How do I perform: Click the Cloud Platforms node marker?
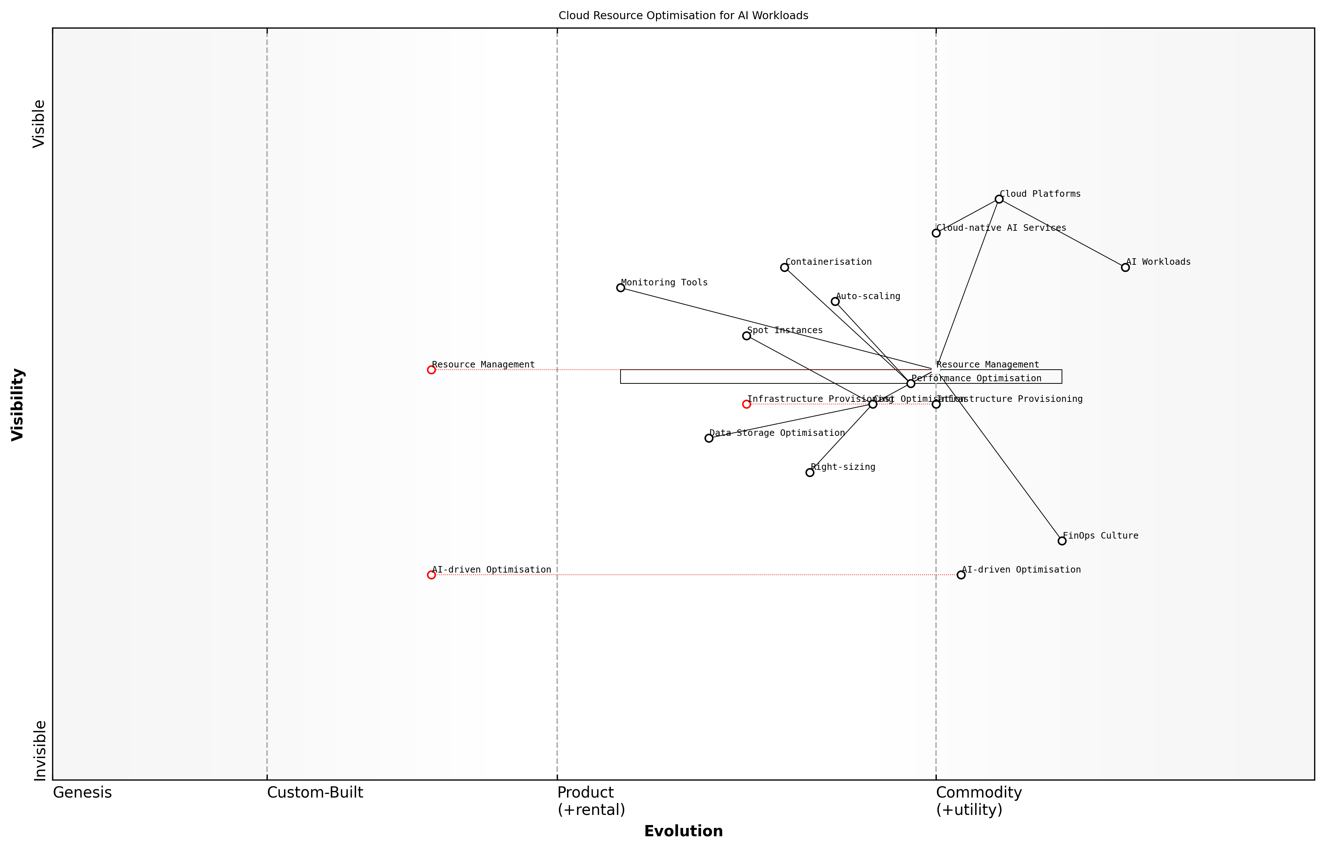click(999, 199)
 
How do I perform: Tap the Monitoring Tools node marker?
click(621, 288)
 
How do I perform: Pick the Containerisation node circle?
click(784, 267)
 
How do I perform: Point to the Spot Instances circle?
click(746, 336)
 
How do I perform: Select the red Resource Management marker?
click(431, 370)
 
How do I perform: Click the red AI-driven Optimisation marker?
click(431, 575)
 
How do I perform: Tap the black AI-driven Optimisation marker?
click(961, 575)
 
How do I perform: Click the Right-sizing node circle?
click(810, 472)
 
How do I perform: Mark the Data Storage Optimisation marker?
click(709, 438)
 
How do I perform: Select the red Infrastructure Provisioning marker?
click(746, 404)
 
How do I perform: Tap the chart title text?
click(683, 16)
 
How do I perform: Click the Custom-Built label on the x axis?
click(315, 792)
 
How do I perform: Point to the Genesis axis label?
click(82, 792)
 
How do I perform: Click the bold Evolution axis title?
click(683, 831)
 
